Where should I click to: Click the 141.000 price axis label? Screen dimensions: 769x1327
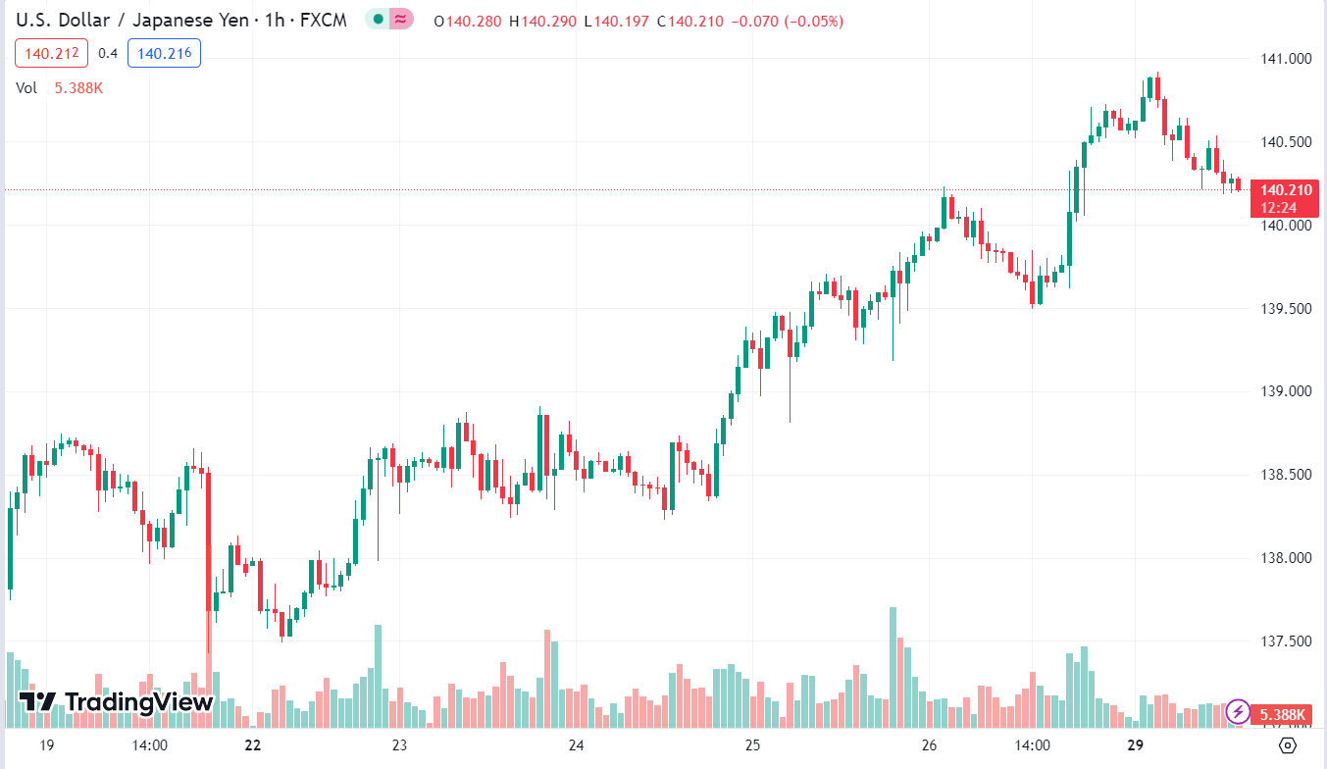tap(1286, 59)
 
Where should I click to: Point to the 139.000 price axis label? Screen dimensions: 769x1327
tap(1286, 391)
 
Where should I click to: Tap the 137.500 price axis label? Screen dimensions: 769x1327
tap(1286, 641)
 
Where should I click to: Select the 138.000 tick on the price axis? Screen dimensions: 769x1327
tap(1286, 558)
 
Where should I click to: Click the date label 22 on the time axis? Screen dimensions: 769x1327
tap(253, 745)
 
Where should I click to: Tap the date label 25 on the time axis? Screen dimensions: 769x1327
tap(753, 745)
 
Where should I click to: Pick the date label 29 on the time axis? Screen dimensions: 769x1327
tap(1136, 745)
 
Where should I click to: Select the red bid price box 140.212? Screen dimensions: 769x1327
tap(52, 53)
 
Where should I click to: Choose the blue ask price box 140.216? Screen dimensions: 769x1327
tap(164, 53)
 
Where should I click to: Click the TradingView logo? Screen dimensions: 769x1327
tap(117, 701)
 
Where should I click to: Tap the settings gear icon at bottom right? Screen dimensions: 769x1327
tap(1288, 745)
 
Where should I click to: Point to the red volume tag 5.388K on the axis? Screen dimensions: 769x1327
tap(1282, 714)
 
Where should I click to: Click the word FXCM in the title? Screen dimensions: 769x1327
tap(324, 21)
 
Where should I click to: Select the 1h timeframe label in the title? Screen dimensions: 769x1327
tap(275, 21)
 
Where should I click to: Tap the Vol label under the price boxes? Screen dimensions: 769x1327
tap(26, 88)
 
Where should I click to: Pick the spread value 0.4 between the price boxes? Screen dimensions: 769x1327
tap(108, 53)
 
